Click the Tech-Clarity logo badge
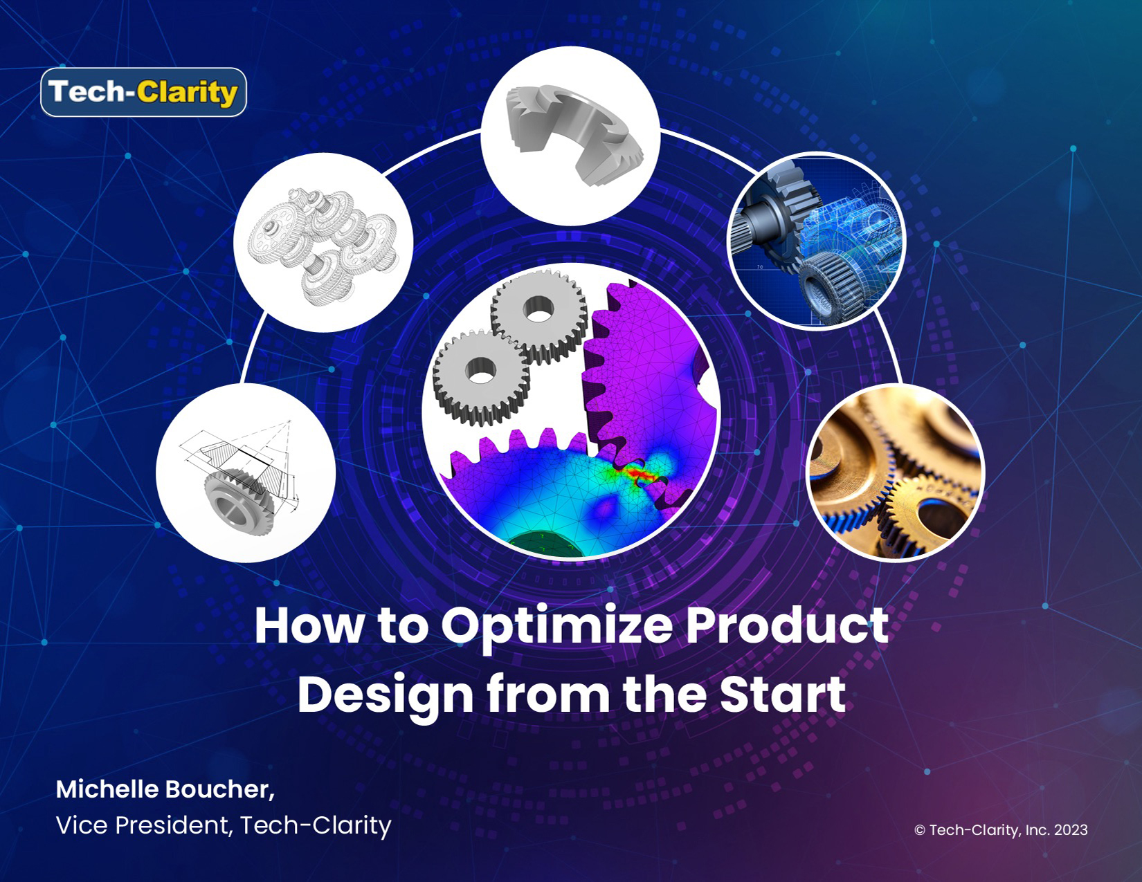pos(143,92)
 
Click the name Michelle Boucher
pos(164,789)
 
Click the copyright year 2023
pos(1070,830)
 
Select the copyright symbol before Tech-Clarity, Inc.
pos(920,831)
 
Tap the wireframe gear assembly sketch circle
pos(323,242)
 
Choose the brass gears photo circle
pos(896,472)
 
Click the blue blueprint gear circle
pos(817,240)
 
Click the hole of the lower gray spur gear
pos(478,371)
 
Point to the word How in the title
pos(307,626)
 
